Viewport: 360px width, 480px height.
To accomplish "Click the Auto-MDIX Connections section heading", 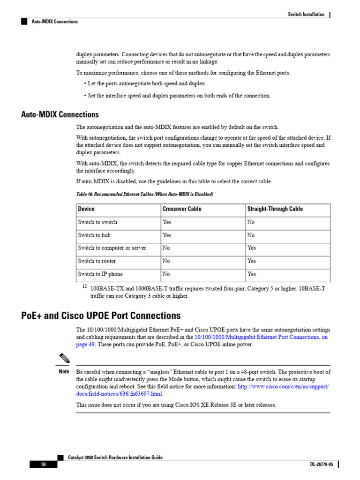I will [x=60, y=115].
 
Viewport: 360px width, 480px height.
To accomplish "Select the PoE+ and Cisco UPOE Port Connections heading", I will [x=101, y=315].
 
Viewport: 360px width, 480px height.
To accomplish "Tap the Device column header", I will [x=86, y=209].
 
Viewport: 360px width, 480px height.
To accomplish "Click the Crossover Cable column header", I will [x=182, y=209].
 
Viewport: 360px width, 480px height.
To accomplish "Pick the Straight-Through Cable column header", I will [x=275, y=209].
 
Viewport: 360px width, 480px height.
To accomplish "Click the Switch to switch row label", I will [x=97, y=222].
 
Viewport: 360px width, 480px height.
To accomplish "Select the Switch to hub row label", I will [x=94, y=235].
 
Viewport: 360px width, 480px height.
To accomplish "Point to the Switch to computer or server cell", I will [x=112, y=248].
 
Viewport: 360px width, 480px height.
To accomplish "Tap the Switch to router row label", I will [x=97, y=261].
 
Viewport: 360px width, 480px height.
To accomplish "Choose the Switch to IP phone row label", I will [x=100, y=274].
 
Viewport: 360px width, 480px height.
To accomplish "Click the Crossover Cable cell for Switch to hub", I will [x=167, y=235].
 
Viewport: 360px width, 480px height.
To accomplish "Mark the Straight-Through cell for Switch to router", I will [x=252, y=261].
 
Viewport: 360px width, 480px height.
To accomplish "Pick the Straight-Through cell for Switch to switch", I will [x=251, y=222].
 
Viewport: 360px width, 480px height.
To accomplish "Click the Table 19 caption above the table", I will [x=144, y=194].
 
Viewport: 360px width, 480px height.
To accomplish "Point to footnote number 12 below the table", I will [x=85, y=286].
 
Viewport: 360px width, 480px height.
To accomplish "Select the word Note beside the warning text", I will [x=64, y=371].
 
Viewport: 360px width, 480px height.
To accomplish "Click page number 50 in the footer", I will [x=43, y=465].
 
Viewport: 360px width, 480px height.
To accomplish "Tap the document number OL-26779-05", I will [x=321, y=465].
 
